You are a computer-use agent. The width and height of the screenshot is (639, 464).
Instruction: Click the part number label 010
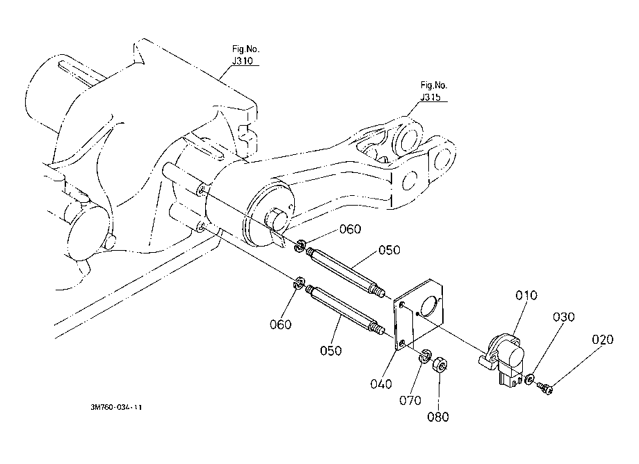(x=526, y=295)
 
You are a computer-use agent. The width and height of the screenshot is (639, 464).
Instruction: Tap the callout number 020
(x=604, y=340)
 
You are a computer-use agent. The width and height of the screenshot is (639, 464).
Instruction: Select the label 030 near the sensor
(x=564, y=317)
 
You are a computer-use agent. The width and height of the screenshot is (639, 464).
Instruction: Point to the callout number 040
(x=382, y=384)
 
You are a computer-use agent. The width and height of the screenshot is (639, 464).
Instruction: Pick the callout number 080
(x=439, y=417)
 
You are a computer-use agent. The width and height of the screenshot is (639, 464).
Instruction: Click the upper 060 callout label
(x=350, y=230)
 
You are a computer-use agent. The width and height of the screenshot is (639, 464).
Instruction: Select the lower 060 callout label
(x=280, y=324)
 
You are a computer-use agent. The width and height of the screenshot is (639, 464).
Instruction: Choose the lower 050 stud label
(x=331, y=351)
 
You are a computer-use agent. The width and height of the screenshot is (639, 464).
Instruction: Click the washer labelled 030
(x=531, y=379)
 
